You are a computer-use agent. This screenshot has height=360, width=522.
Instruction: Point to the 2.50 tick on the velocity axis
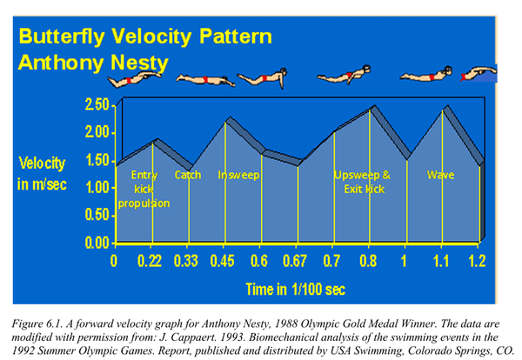point(97,105)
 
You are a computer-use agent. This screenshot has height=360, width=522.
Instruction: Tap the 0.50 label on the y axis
point(97,216)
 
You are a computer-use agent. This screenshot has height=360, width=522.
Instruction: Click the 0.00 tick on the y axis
point(97,243)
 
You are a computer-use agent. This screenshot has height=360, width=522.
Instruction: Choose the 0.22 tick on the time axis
point(153,259)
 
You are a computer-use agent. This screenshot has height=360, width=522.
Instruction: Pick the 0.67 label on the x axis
point(298,259)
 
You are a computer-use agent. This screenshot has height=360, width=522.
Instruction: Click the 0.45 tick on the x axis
point(225,259)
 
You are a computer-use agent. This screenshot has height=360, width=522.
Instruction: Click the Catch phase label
point(188,175)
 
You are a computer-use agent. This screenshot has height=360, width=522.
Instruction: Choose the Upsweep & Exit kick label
point(363,181)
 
